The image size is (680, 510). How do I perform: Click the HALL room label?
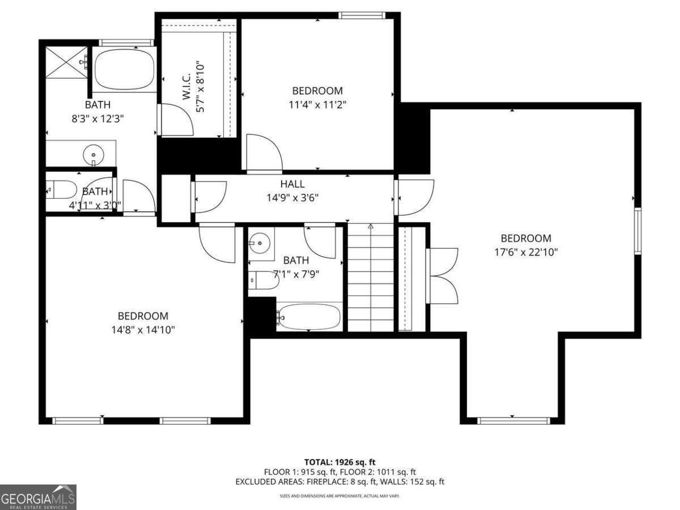[292, 184]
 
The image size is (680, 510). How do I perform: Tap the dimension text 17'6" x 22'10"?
[525, 252]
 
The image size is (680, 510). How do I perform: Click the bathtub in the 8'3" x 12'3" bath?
[124, 69]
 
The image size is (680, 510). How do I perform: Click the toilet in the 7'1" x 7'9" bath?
[263, 280]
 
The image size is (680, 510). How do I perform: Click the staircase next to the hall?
[370, 278]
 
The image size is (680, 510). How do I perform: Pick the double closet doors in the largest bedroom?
[444, 276]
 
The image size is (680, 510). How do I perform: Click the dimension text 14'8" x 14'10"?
[143, 330]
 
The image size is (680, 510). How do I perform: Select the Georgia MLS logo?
[38, 497]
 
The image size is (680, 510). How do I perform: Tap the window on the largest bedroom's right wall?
[637, 231]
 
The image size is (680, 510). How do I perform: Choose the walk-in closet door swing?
[177, 120]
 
